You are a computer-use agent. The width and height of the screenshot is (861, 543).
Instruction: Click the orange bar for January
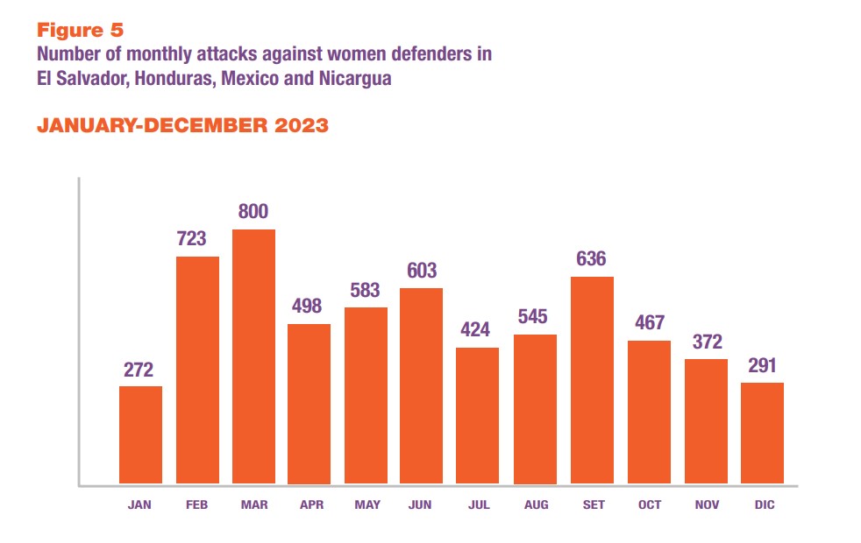pos(140,435)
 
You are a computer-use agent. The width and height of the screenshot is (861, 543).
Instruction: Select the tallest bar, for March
pos(253,356)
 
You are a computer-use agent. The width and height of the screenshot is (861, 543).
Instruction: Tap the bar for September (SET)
pos(592,380)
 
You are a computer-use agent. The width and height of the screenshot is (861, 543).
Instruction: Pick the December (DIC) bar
pos(762,434)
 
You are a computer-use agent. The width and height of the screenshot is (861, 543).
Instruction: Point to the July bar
pos(478,416)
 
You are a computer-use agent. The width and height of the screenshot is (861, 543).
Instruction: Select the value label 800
pos(253,211)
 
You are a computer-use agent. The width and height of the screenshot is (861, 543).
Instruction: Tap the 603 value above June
pos(422,270)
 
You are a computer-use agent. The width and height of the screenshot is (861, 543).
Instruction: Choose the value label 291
pos(762,364)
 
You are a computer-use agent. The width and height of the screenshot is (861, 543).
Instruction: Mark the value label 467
pos(649,322)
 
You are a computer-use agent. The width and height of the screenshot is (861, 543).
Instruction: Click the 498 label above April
pos(309,307)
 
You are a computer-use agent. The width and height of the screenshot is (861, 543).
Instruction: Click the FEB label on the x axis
pos(197,505)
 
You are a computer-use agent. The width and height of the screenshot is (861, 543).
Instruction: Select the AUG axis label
pos(535,505)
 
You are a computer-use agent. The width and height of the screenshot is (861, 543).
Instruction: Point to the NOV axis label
pos(706,505)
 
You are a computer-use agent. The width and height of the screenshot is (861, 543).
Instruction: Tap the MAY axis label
pos(366,505)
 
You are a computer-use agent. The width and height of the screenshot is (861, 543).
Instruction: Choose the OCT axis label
pos(649,505)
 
